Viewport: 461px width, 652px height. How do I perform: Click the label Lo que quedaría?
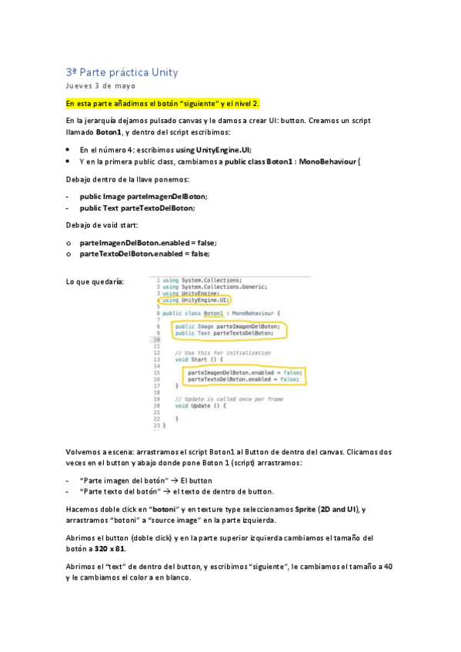[x=95, y=282]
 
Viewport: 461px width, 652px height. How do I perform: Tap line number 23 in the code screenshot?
[x=158, y=424]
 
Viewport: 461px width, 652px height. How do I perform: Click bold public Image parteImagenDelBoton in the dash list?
[x=142, y=197]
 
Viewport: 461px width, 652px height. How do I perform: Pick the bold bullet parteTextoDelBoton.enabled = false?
[x=143, y=253]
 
